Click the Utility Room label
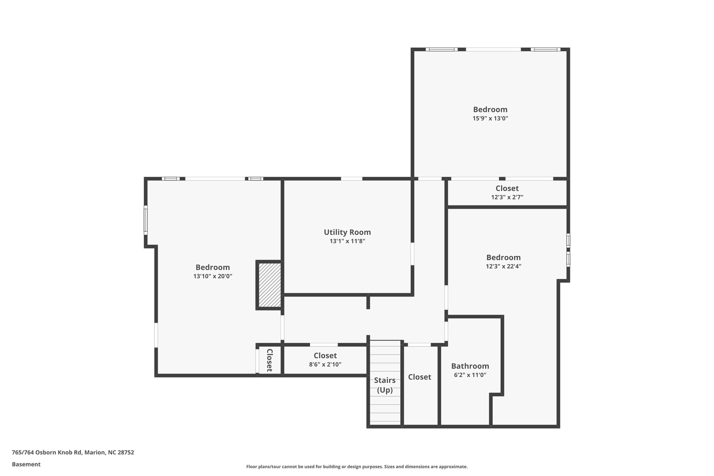point(347,232)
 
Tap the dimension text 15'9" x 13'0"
point(490,118)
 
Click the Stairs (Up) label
point(385,385)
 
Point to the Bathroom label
point(470,366)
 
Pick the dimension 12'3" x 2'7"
point(507,197)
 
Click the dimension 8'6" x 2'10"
point(325,364)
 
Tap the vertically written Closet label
point(269,360)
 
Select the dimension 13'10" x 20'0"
point(213,276)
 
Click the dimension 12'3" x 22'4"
point(503,266)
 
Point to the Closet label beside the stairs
point(419,377)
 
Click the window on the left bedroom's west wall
point(146,220)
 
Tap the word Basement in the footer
point(26,464)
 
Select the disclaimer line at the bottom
point(357,467)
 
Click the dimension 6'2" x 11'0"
point(470,375)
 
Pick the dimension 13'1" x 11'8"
point(347,241)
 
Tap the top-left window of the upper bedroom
point(441,50)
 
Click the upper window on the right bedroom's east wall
point(568,241)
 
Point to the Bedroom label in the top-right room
point(490,109)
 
